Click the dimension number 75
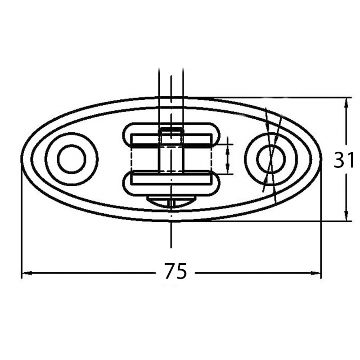[x=175, y=271]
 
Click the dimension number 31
[x=344, y=160]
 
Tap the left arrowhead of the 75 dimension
[x=25, y=273]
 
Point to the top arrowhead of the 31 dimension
[x=346, y=102]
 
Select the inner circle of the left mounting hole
[x=72, y=159]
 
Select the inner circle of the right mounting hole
[x=271, y=159]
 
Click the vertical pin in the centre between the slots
[x=171, y=155]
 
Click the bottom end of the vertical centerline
[x=171, y=247]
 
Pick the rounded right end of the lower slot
[x=216, y=184]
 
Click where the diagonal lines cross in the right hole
[x=271, y=153]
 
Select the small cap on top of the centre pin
[x=171, y=130]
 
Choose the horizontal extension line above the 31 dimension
[x=270, y=97]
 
